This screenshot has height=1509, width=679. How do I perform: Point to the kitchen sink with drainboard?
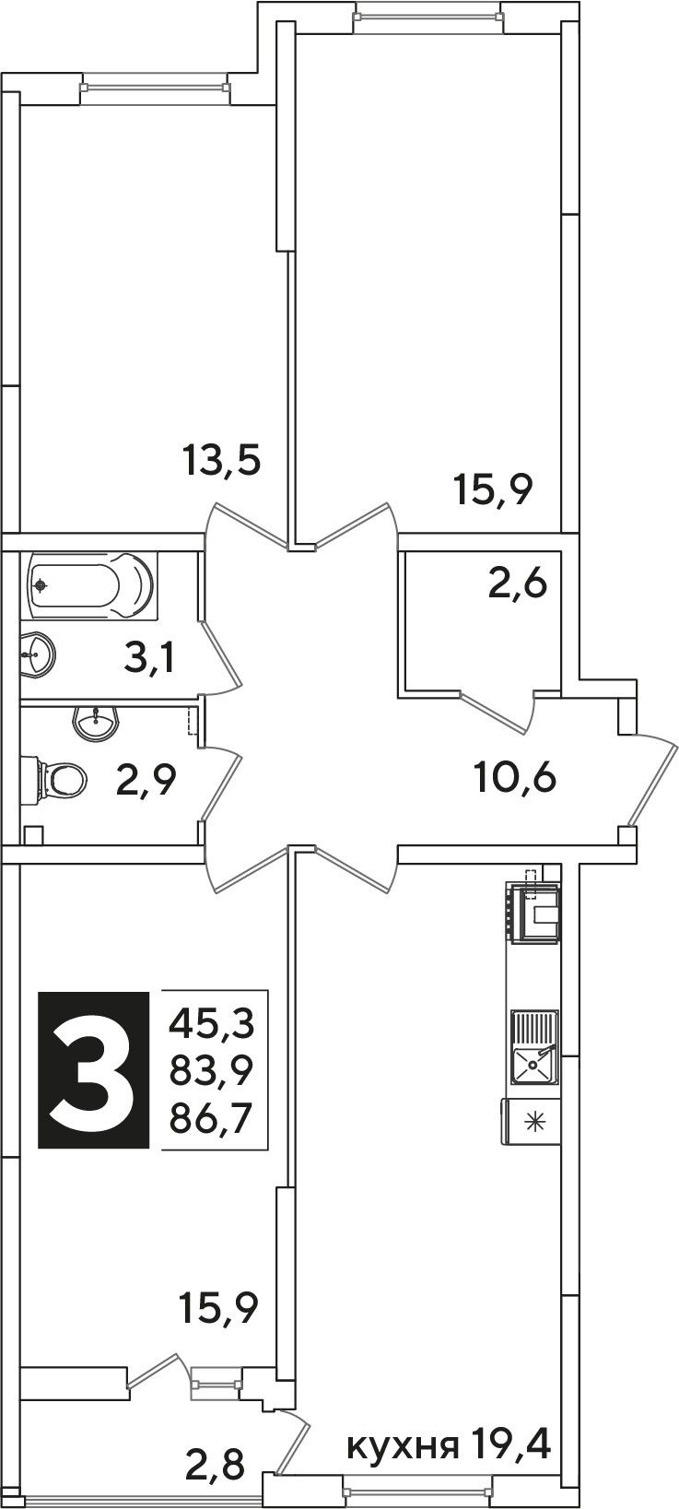(x=535, y=1047)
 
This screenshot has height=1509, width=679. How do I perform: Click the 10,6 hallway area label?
(x=515, y=779)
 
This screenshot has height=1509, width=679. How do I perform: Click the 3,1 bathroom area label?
(x=149, y=658)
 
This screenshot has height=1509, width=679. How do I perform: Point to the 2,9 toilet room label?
(x=146, y=780)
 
